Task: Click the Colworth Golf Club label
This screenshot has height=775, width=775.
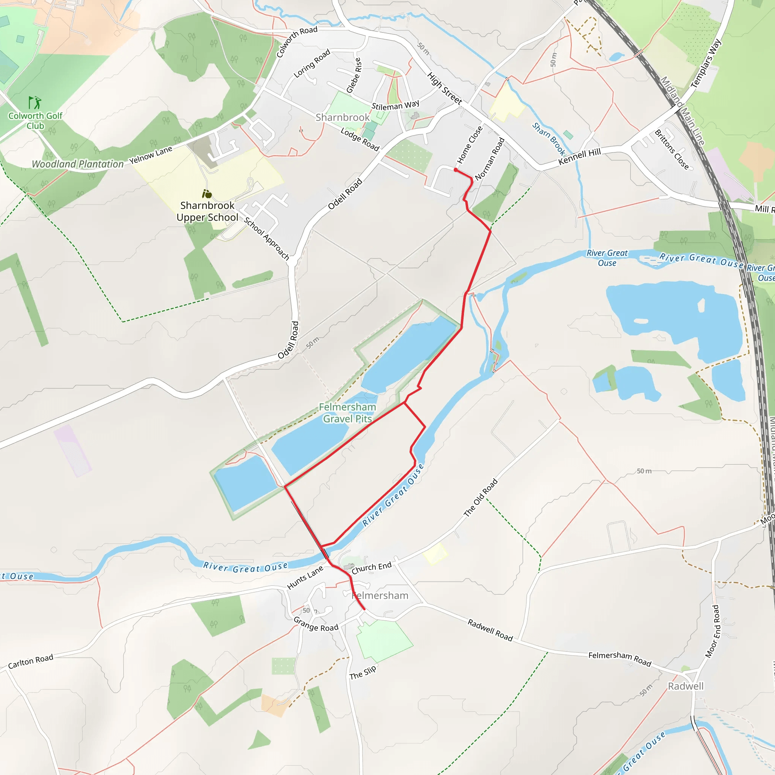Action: coord(35,121)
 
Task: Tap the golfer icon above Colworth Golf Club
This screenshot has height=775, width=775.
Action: coord(34,103)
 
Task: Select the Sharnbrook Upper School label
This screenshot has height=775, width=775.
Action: coord(207,212)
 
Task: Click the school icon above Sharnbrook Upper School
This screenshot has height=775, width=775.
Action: coord(207,194)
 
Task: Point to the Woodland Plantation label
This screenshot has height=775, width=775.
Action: coord(78,164)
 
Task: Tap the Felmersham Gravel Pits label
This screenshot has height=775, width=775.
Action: coord(347,413)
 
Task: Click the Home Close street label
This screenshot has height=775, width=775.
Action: coord(470,145)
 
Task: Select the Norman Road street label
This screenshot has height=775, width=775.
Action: coord(489,159)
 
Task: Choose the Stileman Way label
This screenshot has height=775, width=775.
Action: coord(395,106)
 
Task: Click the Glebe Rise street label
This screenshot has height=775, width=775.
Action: coord(354,75)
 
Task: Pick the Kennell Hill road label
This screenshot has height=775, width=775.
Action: coord(580,156)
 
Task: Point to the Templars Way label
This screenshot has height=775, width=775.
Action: coord(706,63)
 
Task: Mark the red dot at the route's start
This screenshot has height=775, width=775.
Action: coord(456,170)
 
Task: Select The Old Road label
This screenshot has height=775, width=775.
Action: coord(481,497)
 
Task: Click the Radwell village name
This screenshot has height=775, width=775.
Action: coord(686,686)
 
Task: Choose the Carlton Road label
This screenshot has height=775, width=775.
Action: coord(31,661)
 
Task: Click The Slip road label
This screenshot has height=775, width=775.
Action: coord(363,673)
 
